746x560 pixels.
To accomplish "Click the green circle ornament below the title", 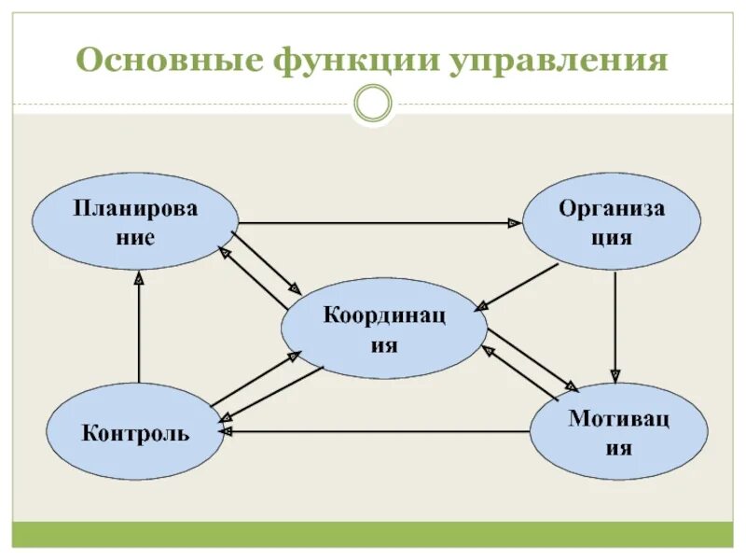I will pos(374,104).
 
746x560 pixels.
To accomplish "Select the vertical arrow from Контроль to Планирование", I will pos(138,327).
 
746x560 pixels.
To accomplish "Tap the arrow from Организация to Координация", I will pos(518,286).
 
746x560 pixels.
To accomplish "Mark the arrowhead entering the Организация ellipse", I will pos(514,223).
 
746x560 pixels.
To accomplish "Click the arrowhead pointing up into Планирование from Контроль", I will pos(138,276).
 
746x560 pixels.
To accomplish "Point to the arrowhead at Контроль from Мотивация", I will pos(226,432).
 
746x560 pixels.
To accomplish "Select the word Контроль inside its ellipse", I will pos(135,433).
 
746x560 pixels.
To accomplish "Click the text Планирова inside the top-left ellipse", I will pos(136,207).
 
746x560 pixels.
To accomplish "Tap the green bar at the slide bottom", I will pos(373,534).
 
